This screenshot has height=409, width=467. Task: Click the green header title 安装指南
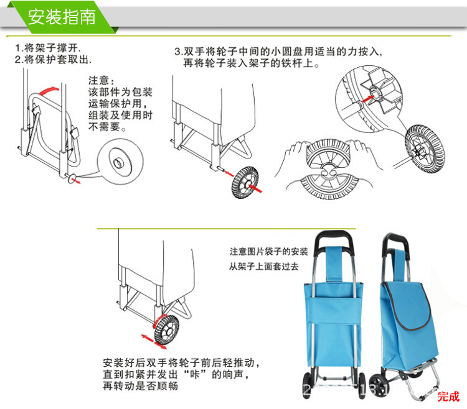coord(62,17)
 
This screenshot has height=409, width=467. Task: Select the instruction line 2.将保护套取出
coord(54,60)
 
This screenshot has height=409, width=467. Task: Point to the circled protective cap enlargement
coord(121,163)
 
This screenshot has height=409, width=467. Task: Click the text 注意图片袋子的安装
coord(268,252)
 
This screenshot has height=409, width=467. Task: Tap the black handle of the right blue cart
coord(399,243)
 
